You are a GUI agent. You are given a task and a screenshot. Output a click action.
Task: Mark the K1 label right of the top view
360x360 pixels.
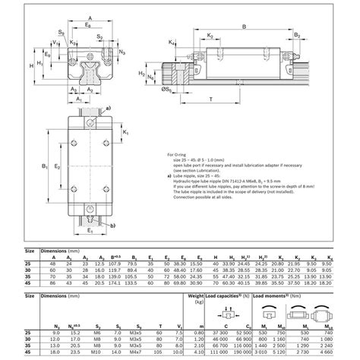click(126, 131)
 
